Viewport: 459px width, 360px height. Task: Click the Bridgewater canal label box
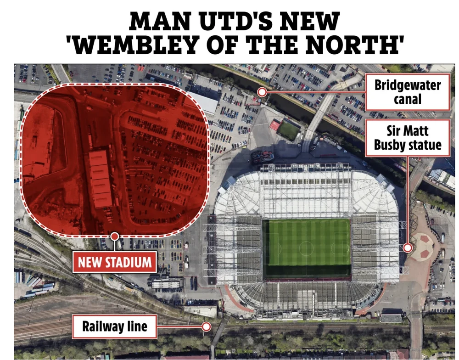pyautogui.click(x=408, y=92)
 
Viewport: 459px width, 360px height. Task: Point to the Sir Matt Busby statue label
pyautogui.click(x=408, y=138)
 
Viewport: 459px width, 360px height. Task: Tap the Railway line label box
pyautogui.click(x=115, y=326)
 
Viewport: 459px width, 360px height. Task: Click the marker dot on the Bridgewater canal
pyautogui.click(x=262, y=92)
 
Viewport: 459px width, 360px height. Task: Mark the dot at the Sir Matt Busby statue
pyautogui.click(x=407, y=248)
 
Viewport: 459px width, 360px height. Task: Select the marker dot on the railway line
pyautogui.click(x=207, y=327)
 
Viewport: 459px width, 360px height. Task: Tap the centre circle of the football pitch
pyautogui.click(x=306, y=248)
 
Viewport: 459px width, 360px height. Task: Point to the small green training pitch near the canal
pyautogui.click(x=288, y=130)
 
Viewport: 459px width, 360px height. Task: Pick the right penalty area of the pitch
pyautogui.click(x=342, y=248)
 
